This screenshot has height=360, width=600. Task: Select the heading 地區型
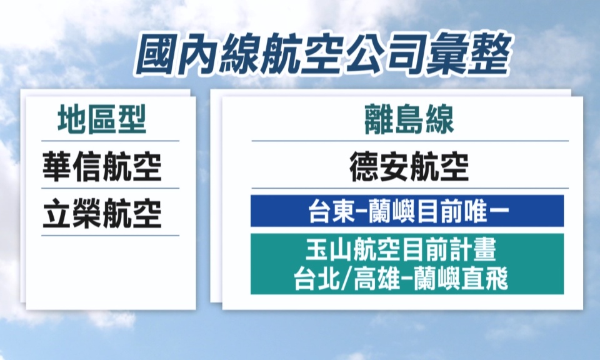coord(102,119)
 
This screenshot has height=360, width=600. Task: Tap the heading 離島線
coord(409,119)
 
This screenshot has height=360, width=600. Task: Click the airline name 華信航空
coord(102,166)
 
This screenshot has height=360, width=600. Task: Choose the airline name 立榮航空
coord(102,214)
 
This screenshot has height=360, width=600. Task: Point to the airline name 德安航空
coord(409,166)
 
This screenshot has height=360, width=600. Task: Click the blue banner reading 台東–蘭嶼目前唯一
coord(407,211)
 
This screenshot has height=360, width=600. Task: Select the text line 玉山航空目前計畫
coord(401,249)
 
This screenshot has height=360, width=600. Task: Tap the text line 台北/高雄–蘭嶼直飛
coord(401,279)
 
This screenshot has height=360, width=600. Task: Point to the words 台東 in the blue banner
coord(332,211)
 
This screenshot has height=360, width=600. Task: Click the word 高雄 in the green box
coord(377,279)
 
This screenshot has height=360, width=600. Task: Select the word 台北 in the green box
coord(317,279)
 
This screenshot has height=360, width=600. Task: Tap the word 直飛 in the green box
coord(485,279)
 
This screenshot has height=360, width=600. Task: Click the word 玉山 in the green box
coord(329,249)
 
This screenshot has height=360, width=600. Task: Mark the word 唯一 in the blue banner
coord(486,211)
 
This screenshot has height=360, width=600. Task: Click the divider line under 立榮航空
coord(110,236)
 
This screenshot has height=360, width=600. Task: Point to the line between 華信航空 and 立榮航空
coord(110,188)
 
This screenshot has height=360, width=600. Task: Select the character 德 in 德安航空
coord(364,166)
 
